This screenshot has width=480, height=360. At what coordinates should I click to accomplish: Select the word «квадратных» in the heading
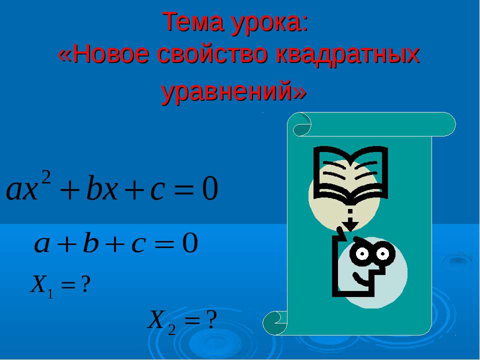(350, 54)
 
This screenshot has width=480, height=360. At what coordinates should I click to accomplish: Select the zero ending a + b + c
(190, 244)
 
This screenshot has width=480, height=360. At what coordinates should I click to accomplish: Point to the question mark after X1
(85, 285)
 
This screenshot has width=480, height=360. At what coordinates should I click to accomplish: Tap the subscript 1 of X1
(49, 294)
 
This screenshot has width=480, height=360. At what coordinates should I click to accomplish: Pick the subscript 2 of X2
(171, 329)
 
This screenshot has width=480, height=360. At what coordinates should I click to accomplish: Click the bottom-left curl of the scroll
(275, 322)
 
